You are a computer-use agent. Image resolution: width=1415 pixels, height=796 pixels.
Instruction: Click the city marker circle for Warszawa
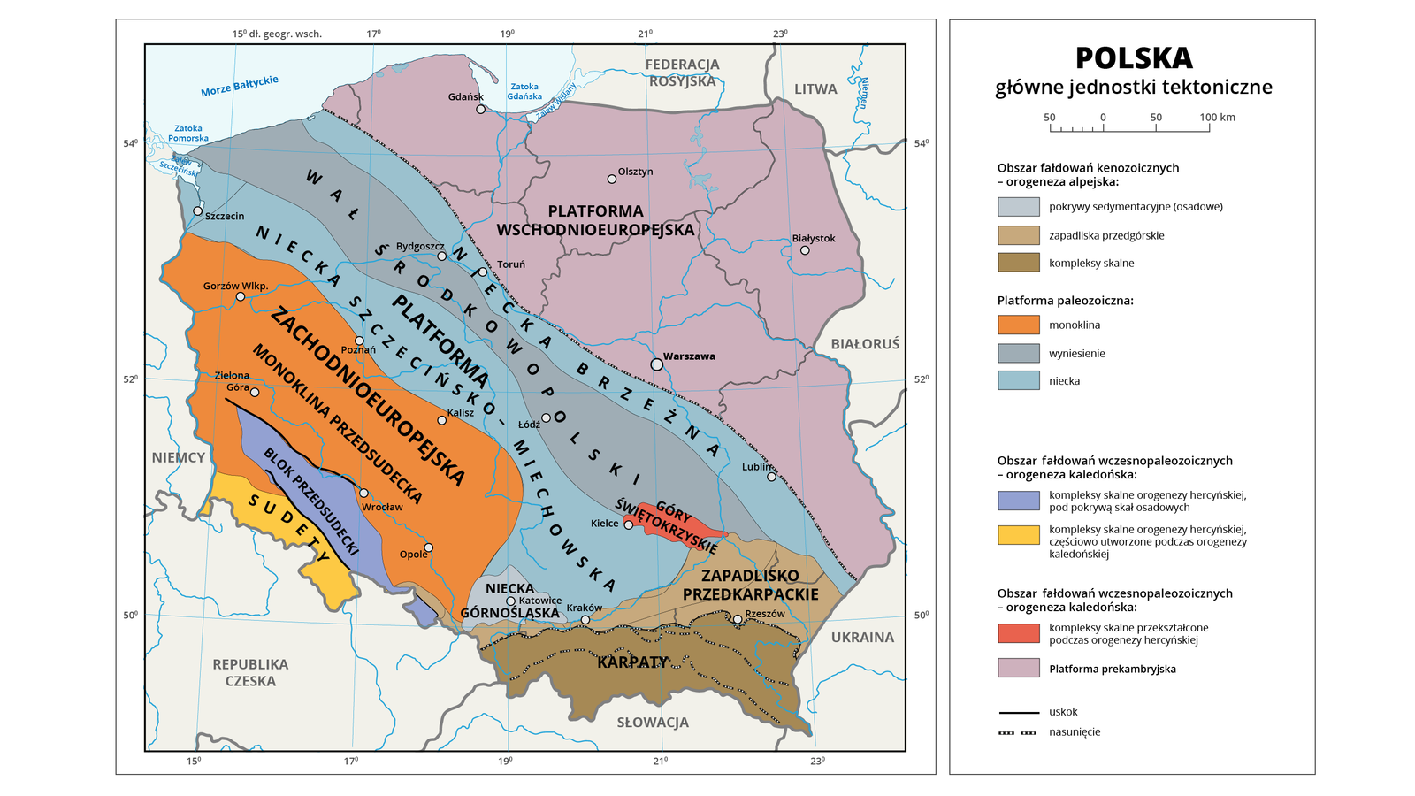coord(656,364)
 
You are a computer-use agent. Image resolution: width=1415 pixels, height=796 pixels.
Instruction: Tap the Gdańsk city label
coord(466,96)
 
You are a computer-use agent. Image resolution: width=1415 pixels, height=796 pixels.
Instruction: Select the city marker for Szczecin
coord(198,210)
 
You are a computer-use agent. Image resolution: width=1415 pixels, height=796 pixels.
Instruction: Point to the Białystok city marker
coord(805,250)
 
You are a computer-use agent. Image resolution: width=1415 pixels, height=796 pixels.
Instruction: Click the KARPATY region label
coord(632,662)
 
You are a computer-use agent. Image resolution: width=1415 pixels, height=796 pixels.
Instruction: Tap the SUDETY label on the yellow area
coord(288,529)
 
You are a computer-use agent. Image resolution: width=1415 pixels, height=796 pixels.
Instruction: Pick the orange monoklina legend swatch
coord(1018,325)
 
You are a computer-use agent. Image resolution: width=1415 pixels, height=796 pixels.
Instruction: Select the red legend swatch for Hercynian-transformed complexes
coord(1018,633)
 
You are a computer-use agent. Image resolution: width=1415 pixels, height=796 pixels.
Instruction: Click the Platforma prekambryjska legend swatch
coord(1018,668)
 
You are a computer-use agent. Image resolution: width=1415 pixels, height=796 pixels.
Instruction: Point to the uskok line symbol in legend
coord(1018,712)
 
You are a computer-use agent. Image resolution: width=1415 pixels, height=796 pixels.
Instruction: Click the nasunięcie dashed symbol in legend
coord(1018,732)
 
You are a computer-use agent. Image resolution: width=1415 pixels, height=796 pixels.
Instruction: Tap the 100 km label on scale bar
coord(1217,117)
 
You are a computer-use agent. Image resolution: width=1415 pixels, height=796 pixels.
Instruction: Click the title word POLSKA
coord(1134,58)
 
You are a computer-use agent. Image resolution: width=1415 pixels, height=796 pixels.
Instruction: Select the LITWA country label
coord(815,89)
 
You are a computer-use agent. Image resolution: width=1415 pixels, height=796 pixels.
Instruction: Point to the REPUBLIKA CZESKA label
coord(250,672)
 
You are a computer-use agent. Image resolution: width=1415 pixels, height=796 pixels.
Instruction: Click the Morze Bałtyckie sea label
coord(239,86)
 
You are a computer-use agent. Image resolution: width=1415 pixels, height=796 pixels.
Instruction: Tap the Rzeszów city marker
coord(738,619)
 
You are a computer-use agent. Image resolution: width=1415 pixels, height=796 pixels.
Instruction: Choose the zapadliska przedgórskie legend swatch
coord(1018,235)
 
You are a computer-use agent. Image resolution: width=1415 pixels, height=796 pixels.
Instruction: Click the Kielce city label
coord(605,523)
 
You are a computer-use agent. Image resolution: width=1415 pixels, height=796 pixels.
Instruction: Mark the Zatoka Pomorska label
coord(188,133)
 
